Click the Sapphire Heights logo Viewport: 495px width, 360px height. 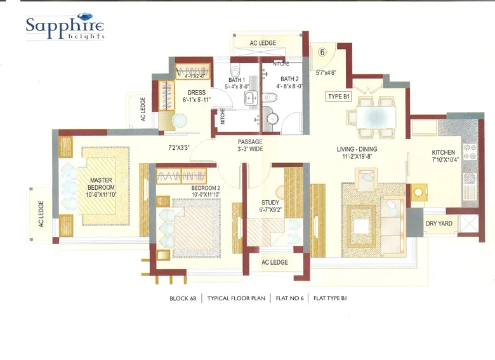coord(64,27)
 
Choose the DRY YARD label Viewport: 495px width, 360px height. coord(439,223)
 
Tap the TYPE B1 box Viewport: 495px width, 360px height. coord(339,97)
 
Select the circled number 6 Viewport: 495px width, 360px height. coord(322,53)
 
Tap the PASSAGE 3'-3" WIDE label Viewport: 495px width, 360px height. coord(250,145)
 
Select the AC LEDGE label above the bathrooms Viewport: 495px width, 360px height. coord(263,43)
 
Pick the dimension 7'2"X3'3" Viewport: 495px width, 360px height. coord(179,149)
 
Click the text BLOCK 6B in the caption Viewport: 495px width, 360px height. coord(183,297)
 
